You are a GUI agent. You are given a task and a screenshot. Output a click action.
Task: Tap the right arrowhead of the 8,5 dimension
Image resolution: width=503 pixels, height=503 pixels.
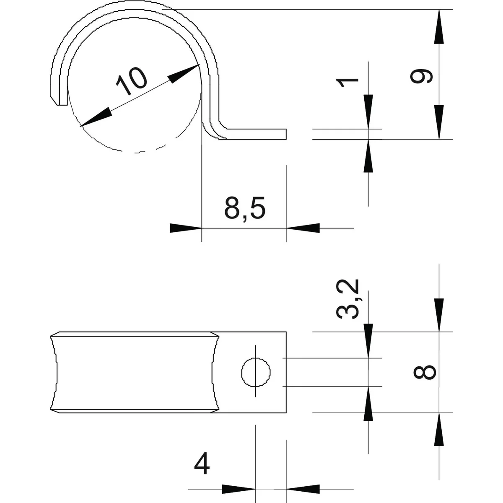pyautogui.click(x=303, y=228)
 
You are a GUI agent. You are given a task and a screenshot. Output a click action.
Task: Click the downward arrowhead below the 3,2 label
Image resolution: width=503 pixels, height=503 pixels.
pyautogui.click(x=368, y=341)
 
